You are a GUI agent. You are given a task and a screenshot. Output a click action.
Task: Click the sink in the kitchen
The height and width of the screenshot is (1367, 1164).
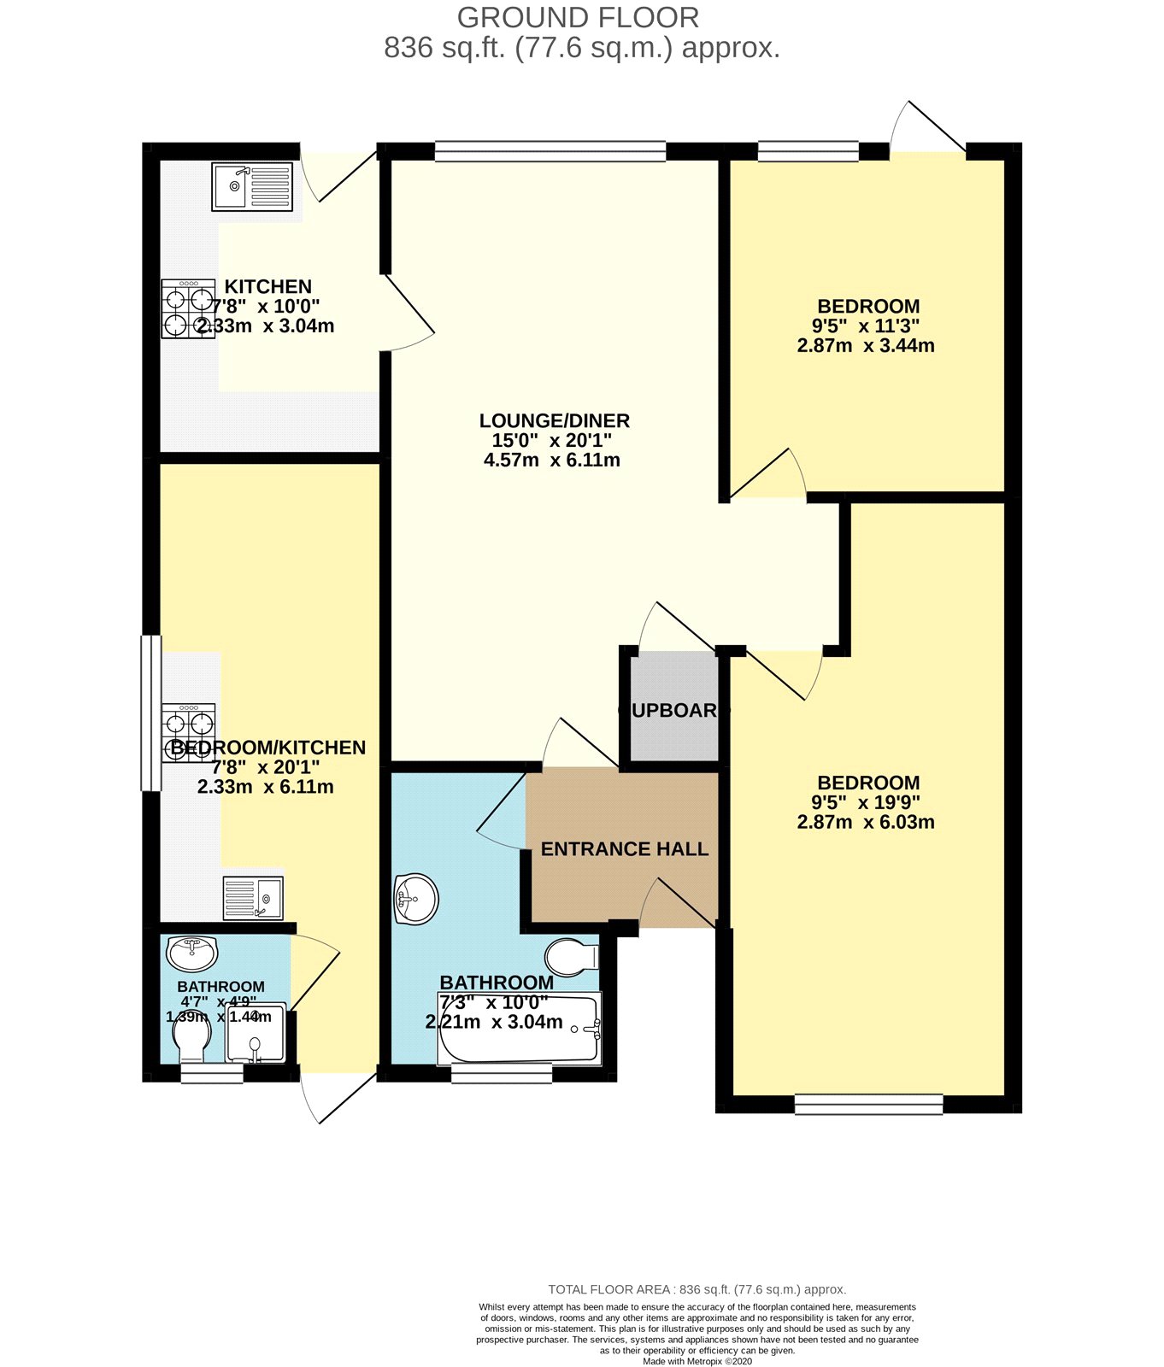tap(252, 186)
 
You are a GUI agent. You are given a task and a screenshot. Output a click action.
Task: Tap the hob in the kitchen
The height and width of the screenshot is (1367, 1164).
tap(189, 309)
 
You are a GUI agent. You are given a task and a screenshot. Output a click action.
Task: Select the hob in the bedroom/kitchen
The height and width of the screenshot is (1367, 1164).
tap(189, 732)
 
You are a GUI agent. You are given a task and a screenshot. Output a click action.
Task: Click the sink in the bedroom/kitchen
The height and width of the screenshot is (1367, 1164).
tap(253, 898)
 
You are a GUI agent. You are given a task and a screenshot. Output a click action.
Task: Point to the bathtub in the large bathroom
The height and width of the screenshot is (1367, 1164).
tap(519, 1029)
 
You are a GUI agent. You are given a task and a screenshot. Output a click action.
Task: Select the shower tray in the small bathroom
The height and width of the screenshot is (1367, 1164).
tap(256, 1034)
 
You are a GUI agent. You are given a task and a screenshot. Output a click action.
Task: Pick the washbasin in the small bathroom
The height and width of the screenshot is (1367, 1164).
tap(192, 952)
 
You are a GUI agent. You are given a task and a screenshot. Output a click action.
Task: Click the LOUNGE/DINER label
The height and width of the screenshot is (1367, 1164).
tap(554, 420)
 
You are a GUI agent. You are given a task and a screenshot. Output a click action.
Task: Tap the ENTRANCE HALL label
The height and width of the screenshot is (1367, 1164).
tap(625, 849)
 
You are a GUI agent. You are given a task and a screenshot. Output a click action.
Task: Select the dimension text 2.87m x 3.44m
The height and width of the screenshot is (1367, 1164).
tap(866, 346)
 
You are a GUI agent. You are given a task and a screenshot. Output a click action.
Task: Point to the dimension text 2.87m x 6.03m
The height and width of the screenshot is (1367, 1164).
tap(866, 823)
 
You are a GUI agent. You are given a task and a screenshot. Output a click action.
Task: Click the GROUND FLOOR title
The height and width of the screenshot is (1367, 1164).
tap(578, 17)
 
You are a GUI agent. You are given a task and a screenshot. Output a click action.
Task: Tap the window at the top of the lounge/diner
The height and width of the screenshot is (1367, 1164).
tap(550, 152)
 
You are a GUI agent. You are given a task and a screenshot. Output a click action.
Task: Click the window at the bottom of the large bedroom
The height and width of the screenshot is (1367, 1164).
tap(868, 1105)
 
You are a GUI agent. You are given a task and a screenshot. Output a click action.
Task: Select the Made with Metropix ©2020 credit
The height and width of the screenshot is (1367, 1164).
tap(697, 1362)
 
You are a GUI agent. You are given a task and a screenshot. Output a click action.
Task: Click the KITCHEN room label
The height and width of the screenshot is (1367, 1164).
tap(267, 286)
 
